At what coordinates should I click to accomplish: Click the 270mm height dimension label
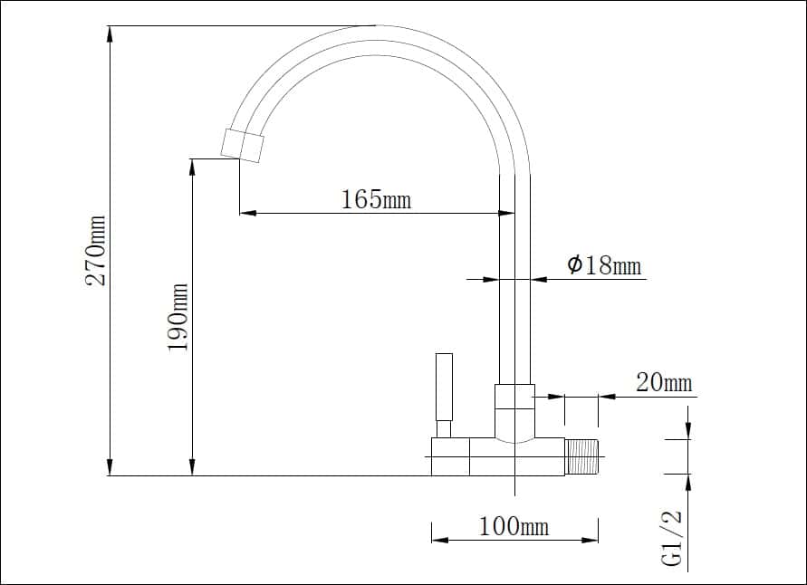point(96,251)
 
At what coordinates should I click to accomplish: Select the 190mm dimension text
point(178,317)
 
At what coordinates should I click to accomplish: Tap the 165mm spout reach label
point(377,199)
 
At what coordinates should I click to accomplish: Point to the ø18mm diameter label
point(605,265)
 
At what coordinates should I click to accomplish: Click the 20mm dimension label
point(664,383)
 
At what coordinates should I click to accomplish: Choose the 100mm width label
point(514,526)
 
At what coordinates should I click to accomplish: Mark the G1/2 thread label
point(673,539)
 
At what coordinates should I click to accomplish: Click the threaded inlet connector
point(581,457)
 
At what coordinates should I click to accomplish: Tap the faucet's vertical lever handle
point(444,387)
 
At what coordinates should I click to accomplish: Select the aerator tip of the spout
point(242,145)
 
